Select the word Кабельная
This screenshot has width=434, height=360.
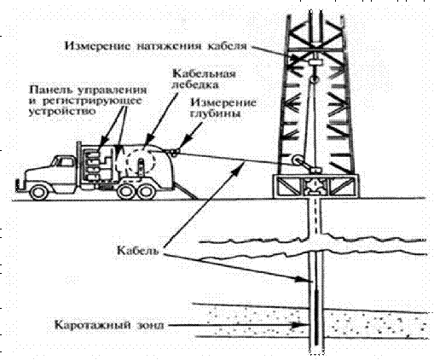(x=205, y=73)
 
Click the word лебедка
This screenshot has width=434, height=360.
(x=195, y=84)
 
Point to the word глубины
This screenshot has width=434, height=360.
(x=215, y=113)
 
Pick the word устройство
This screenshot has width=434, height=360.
(x=62, y=111)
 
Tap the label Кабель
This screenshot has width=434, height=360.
(x=137, y=250)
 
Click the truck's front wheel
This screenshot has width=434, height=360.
(x=38, y=193)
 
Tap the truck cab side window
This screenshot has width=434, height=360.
(x=65, y=162)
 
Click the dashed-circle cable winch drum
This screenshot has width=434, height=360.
(x=142, y=162)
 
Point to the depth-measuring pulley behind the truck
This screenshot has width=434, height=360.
(x=174, y=153)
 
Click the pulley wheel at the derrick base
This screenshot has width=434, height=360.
(x=298, y=161)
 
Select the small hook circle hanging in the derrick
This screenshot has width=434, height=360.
(x=313, y=79)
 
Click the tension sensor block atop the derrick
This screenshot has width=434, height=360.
(x=314, y=61)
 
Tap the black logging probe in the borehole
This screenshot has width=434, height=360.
(x=316, y=316)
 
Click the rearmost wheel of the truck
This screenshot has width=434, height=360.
(x=147, y=191)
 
